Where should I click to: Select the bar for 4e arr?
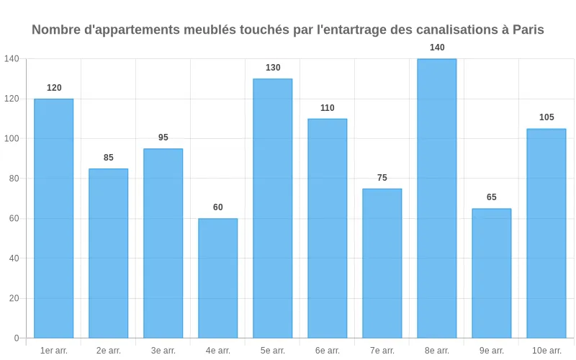pos(218,278)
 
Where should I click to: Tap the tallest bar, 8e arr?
pos(437,198)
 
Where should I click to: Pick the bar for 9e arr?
pos(492,273)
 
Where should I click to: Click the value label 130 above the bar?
pos(273,68)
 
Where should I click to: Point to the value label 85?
pos(109,158)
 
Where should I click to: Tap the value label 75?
pos(382,178)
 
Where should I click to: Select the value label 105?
pos(546,117)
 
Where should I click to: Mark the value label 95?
pos(163,138)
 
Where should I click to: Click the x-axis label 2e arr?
pos(109,351)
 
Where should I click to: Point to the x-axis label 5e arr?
pos(273,351)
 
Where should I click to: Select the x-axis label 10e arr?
pos(546,351)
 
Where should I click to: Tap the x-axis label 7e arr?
pos(382,351)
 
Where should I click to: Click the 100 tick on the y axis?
pos(12,138)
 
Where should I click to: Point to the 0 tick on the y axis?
pos(17,338)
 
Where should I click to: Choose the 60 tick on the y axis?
pos(14,218)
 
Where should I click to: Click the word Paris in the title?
pos(528,30)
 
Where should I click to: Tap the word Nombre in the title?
pos(55,30)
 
